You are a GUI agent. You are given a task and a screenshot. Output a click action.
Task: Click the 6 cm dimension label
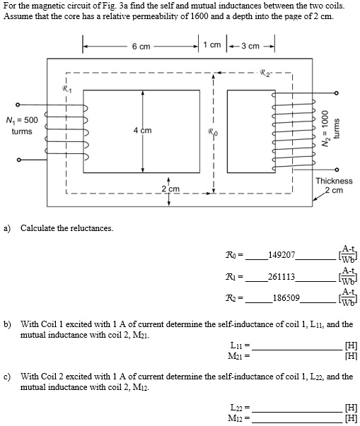coord(141,47)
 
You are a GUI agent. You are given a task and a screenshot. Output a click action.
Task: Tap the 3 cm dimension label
coord(249,46)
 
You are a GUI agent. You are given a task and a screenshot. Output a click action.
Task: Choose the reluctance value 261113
coord(283,277)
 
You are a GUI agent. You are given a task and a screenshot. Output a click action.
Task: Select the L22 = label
coord(240,408)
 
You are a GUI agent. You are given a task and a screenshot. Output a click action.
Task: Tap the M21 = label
coord(240,357)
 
